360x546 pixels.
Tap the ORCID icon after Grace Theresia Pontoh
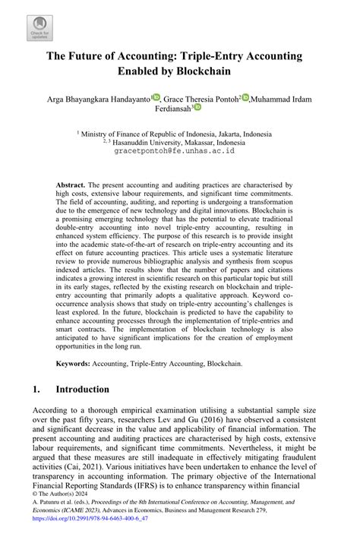pos(245,96)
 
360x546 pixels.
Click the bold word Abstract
pos(70,185)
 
